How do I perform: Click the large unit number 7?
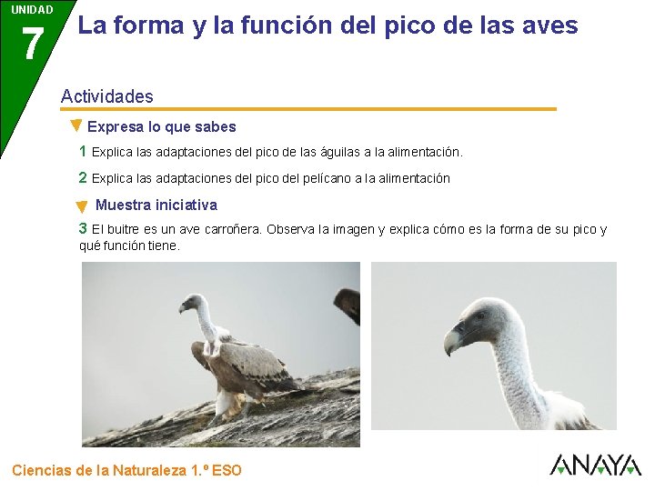pyautogui.click(x=32, y=44)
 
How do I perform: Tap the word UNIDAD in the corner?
pyautogui.click(x=32, y=10)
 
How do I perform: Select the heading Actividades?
pyautogui.click(x=106, y=96)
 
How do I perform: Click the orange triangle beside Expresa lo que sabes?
pyautogui.click(x=76, y=125)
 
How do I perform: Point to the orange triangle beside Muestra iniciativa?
pyautogui.click(x=82, y=207)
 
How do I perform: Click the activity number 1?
pyautogui.click(x=83, y=151)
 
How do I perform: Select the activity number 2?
pyautogui.click(x=83, y=177)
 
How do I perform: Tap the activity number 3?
pyautogui.click(x=83, y=229)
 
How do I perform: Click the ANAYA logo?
pyautogui.click(x=596, y=465)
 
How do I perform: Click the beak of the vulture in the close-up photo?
pyautogui.click(x=452, y=342)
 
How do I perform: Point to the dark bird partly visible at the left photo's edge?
pyautogui.click(x=348, y=304)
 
